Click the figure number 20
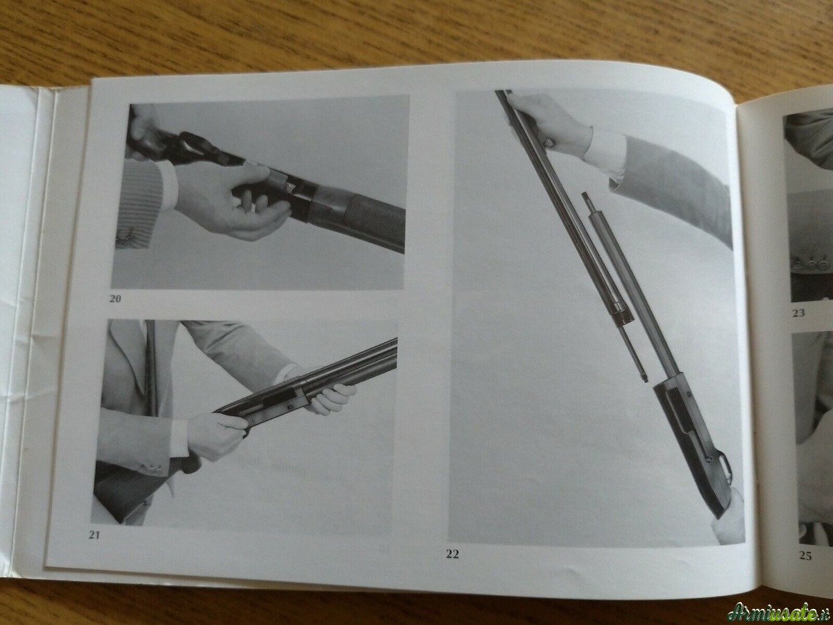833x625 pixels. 115,299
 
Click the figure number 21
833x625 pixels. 94,535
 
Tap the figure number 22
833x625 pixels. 453,554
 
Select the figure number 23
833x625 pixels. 798,313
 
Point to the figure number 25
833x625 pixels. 805,556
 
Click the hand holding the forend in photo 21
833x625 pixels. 330,398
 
